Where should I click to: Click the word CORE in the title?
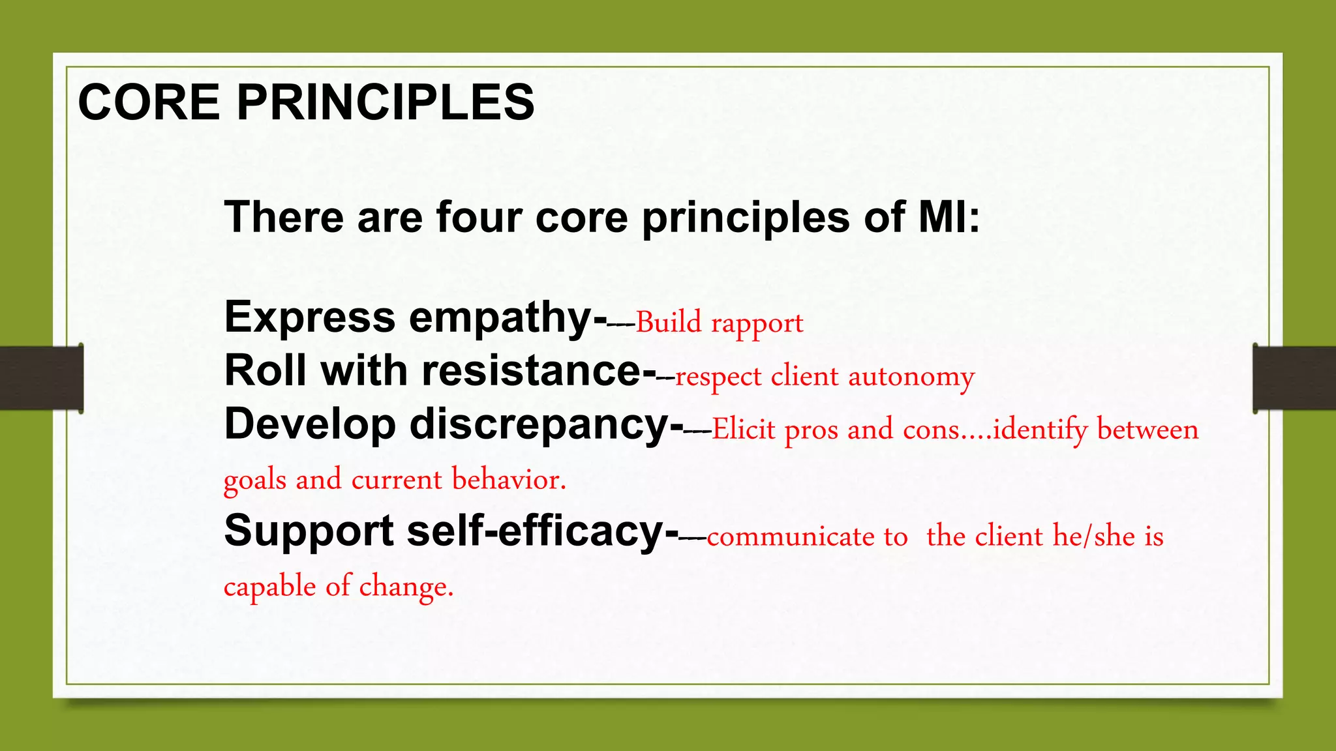[149, 102]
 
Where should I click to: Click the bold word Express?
[309, 317]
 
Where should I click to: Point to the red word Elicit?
[743, 430]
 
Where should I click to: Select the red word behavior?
[509, 480]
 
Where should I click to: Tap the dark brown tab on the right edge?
[1294, 378]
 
